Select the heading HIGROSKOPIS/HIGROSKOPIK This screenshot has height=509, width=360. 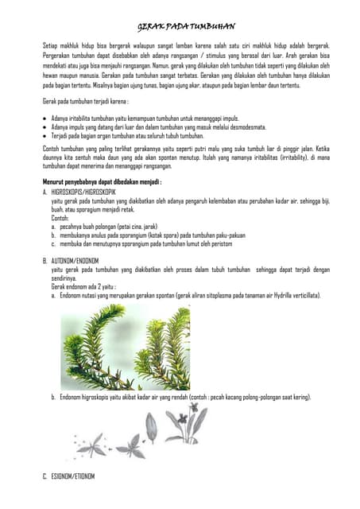coord(83,192)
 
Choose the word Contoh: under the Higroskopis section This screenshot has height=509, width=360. coord(60,216)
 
